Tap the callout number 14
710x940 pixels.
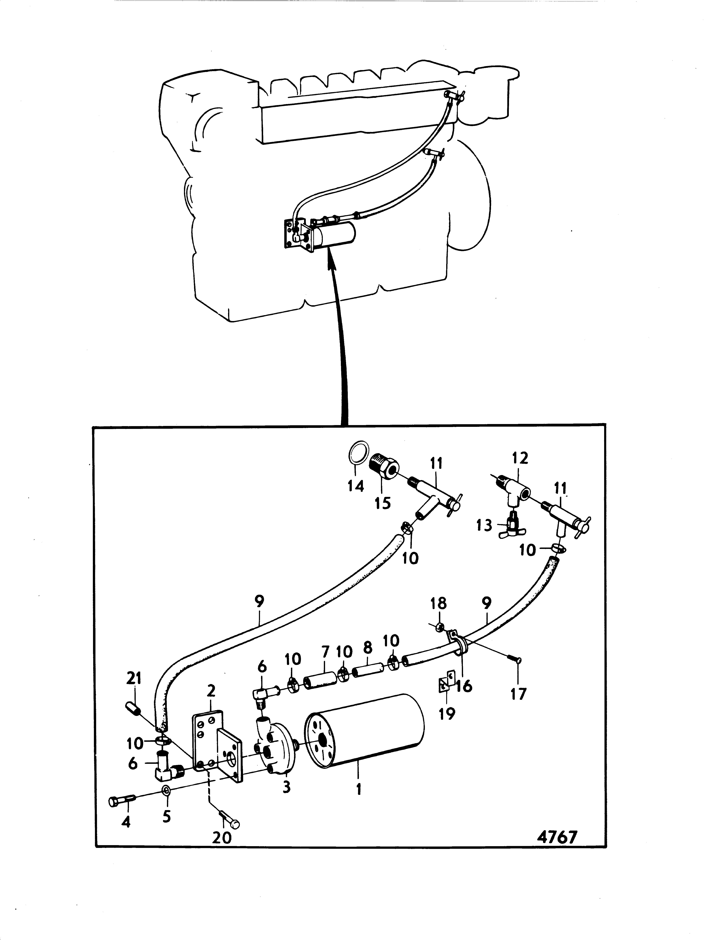[356, 486]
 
